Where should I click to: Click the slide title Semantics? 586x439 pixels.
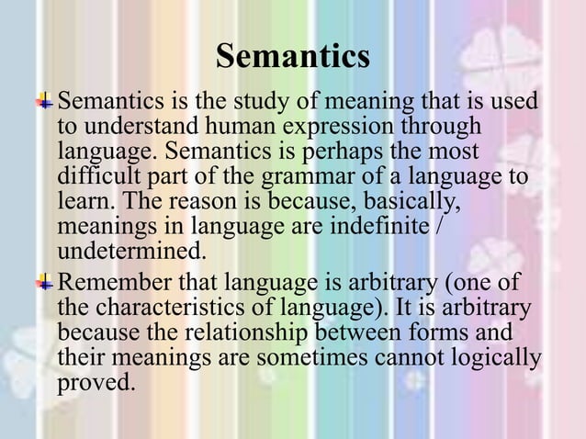293,57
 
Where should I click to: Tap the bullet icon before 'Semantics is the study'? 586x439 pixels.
44,99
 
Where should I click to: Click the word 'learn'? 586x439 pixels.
84,199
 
